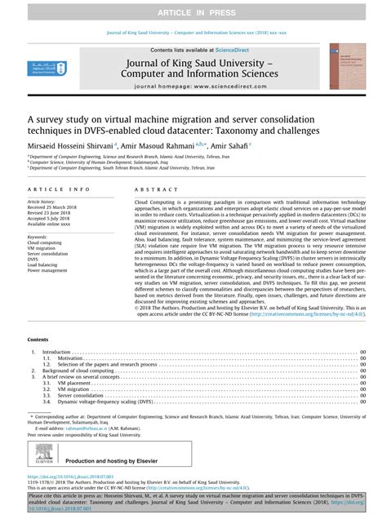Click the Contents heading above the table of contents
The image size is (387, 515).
(38, 339)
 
